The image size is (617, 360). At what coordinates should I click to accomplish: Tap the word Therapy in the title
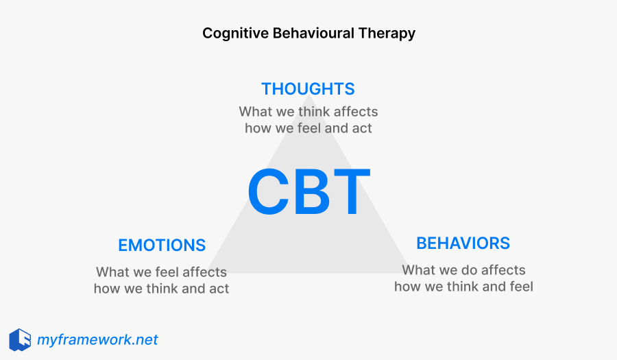coord(389,33)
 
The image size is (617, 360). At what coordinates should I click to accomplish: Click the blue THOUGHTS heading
coord(308,88)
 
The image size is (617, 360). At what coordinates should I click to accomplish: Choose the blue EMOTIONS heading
coord(162,245)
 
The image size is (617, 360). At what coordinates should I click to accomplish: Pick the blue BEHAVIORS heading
coord(463,243)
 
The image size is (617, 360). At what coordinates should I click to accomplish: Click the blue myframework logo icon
coord(20,339)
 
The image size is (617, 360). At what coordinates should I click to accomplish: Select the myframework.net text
coord(97,339)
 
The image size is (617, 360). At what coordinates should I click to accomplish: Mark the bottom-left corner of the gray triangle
coord(208,273)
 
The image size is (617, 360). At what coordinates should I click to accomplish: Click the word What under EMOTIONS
coord(112,272)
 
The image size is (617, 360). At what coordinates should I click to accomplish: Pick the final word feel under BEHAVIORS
coord(519,286)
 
